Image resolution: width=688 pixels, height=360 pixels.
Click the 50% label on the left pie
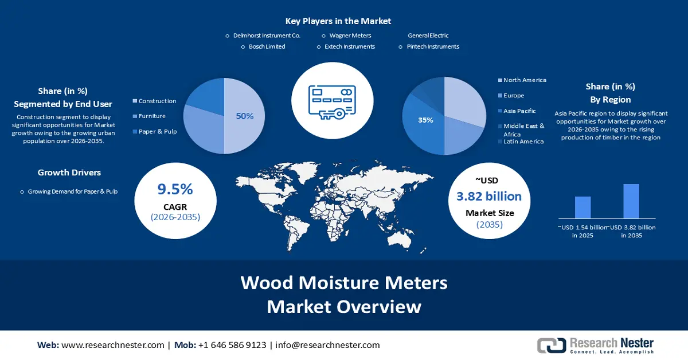[245, 116]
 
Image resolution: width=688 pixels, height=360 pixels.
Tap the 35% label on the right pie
[425, 120]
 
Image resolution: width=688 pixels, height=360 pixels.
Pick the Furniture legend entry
[152, 116]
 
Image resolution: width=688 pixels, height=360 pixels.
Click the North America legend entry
[525, 80]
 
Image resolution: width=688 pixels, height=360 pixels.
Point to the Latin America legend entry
[523, 142]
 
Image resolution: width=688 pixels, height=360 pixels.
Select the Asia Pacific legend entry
[519, 111]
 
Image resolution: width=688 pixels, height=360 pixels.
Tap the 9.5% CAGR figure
[175, 189]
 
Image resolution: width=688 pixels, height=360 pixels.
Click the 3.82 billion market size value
[489, 197]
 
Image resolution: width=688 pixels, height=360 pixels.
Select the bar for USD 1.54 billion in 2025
[583, 207]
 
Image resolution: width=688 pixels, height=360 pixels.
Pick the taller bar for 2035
[631, 201]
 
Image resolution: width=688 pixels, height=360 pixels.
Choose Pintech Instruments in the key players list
[433, 46]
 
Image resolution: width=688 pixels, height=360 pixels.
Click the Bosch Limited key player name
[267, 46]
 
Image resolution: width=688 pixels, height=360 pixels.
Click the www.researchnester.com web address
[112, 345]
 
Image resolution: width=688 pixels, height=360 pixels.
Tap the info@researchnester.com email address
[327, 345]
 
